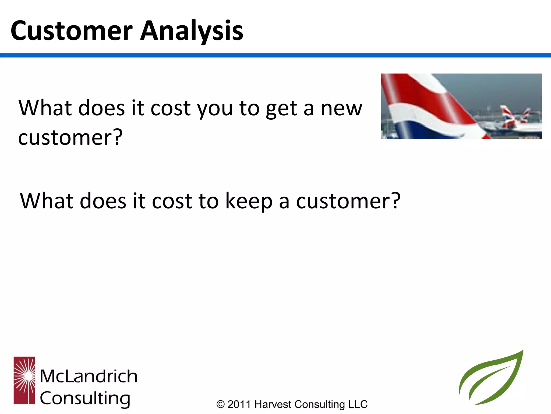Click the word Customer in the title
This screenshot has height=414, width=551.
[x=71, y=31]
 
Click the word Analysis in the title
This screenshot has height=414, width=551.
[x=192, y=31]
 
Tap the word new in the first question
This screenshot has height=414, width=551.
[x=341, y=108]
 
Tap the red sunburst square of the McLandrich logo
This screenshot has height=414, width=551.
[x=24, y=380]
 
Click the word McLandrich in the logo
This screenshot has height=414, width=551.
[x=89, y=376]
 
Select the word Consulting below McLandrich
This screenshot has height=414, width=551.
[x=85, y=399]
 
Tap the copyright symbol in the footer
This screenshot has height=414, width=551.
[x=220, y=404]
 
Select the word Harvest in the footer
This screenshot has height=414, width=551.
[x=273, y=404]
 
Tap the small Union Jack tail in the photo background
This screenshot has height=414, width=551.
[x=508, y=116]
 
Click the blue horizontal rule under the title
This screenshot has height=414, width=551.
[x=275, y=55]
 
